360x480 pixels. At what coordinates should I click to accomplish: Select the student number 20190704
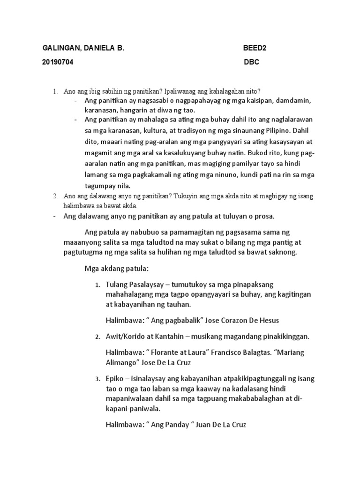coord(58,62)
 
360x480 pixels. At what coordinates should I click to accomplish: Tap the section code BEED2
coord(255,48)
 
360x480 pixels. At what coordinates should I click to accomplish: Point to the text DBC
coord(252,62)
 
